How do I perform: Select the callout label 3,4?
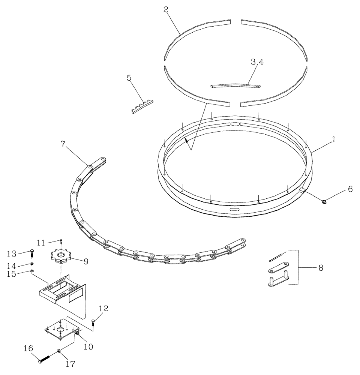[x=257, y=62]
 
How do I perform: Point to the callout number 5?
[x=129, y=78]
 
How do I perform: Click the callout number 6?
[x=350, y=189]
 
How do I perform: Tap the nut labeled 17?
[x=60, y=351]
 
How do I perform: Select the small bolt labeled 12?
[x=93, y=321]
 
